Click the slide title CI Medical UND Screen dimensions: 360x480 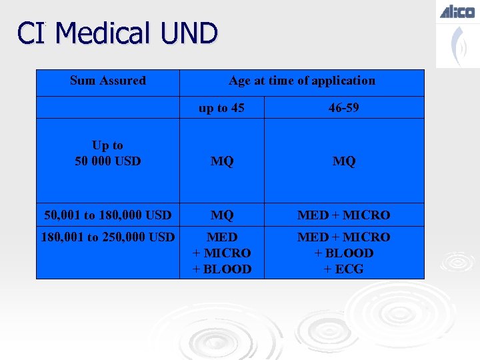pos(117,33)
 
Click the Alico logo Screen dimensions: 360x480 pos(457,11)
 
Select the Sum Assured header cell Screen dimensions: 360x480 pos(107,81)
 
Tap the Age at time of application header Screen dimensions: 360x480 pos(301,81)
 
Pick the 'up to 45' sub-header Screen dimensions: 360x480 pos(221,107)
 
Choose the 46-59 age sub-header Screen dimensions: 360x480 pos(344,107)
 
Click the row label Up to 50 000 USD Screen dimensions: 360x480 pos(107,153)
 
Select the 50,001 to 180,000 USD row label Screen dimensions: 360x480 pos(107,215)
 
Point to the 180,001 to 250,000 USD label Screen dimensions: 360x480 pos(107,237)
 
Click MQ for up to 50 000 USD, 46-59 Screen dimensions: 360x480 pos(344,161)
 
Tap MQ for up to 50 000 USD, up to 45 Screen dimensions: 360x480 pos(221,161)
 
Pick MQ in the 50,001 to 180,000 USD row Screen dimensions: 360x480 pos(221,215)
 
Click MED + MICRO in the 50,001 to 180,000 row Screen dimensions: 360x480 pos(344,215)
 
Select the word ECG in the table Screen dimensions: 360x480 pos(350,269)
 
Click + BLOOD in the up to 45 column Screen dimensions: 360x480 pos(221,269)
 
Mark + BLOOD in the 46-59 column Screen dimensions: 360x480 pos(344,253)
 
